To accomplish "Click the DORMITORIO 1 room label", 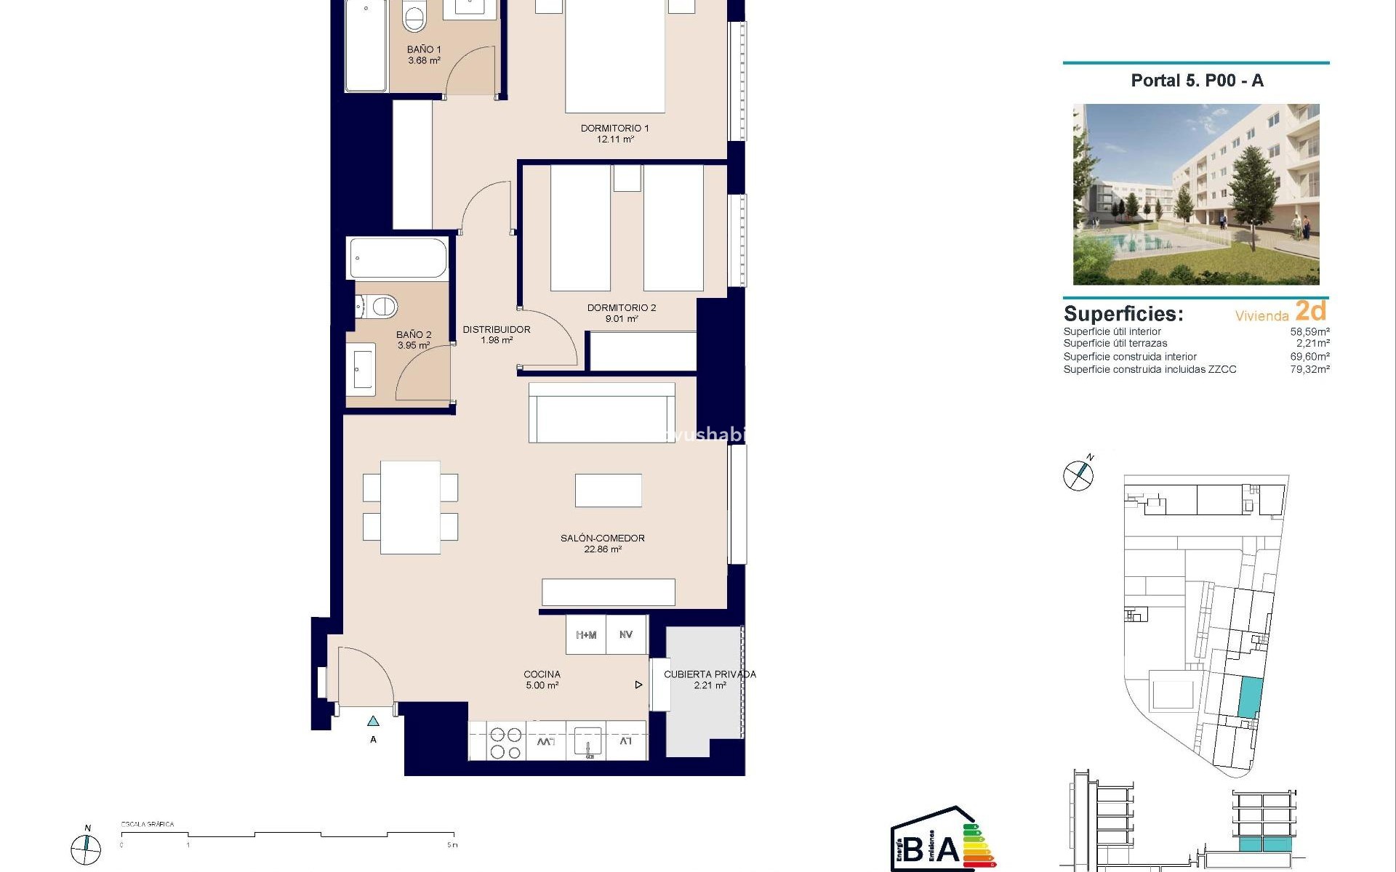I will click(x=614, y=133).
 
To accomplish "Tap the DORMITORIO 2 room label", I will click(x=622, y=312).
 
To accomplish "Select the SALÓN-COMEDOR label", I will click(x=602, y=544).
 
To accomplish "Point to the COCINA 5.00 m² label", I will click(x=542, y=679).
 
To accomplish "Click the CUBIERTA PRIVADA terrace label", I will click(x=710, y=679).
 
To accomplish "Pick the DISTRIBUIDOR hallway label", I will click(x=497, y=334).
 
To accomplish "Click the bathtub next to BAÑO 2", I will click(x=398, y=259).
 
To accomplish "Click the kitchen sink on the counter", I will click(x=587, y=742).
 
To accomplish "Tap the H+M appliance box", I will click(x=586, y=635).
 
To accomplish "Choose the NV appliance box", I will click(x=626, y=635).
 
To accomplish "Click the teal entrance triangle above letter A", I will click(x=373, y=722).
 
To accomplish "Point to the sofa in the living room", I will click(x=601, y=413).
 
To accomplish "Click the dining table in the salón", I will click(x=410, y=507).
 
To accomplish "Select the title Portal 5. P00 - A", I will click(x=1197, y=81).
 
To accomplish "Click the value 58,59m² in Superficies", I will click(x=1309, y=331).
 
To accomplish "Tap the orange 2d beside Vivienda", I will click(x=1311, y=311).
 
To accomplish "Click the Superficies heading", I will click(x=1123, y=314).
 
